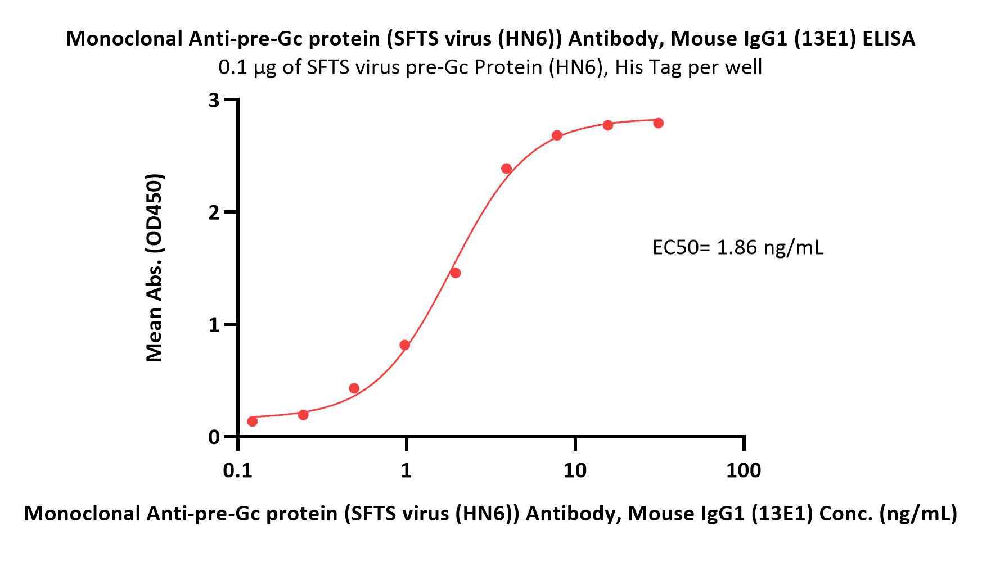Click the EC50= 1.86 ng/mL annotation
[737, 247]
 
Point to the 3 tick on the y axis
[214, 100]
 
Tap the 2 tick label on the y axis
[214, 212]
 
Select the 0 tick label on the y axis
[214, 437]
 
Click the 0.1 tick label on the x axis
[237, 470]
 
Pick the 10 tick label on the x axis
[575, 470]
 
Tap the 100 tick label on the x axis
[744, 470]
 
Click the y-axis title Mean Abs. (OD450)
[154, 268]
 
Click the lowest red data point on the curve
[253, 422]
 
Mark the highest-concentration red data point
[659, 123]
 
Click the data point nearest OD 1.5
[456, 273]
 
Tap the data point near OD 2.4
[506, 169]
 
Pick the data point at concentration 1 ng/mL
[405, 345]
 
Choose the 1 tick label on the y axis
[214, 325]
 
